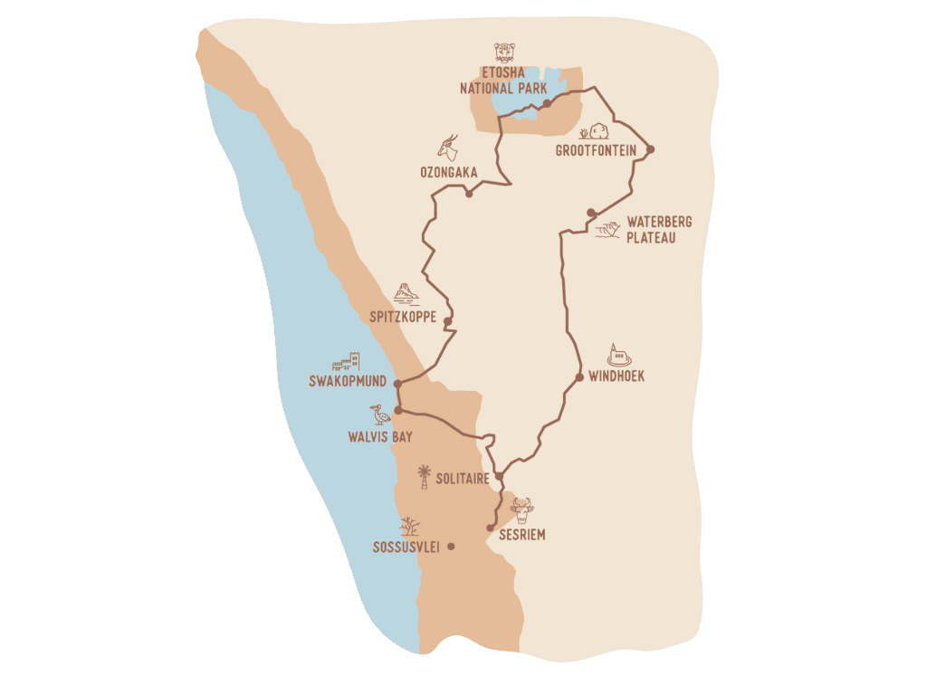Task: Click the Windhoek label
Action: [x=616, y=376]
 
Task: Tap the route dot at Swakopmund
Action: [x=397, y=384]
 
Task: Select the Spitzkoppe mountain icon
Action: [x=405, y=294]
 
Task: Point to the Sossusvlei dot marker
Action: [x=451, y=547]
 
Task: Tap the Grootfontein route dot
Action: [x=650, y=149]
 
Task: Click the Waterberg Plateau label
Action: [x=652, y=230]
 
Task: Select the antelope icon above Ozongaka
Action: [x=448, y=146]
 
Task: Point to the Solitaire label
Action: [x=463, y=478]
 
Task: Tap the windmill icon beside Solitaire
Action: [x=423, y=474]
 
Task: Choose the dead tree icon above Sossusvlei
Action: [x=410, y=526]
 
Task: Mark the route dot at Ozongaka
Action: [x=469, y=194]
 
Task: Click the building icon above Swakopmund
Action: [x=348, y=362]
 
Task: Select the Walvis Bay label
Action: [x=380, y=436]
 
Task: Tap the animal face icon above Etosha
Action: [x=503, y=52]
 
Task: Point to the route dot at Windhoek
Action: [x=579, y=376]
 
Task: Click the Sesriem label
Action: [x=522, y=535]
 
